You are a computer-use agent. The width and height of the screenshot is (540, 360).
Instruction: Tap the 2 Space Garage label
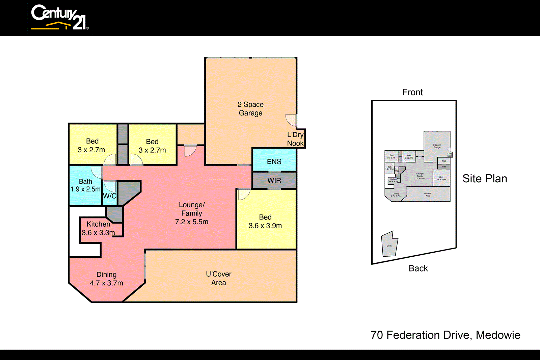pos(250,109)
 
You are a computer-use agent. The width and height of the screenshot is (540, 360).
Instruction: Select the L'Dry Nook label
pos(295,139)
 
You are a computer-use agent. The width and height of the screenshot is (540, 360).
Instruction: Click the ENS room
pos(274,162)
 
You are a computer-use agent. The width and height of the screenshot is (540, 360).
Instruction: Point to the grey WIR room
pos(274,181)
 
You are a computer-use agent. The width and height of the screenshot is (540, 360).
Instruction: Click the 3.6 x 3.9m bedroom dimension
pos(265,226)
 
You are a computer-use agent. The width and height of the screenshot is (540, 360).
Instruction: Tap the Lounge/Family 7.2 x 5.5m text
pos(191,213)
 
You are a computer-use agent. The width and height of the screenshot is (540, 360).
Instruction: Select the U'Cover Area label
pos(219,278)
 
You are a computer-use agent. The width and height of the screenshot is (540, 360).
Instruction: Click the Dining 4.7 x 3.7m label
pos(106,279)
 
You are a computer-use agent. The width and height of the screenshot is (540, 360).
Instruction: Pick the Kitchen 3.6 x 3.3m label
pos(98,229)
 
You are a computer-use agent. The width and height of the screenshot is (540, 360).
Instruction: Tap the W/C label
pos(109,196)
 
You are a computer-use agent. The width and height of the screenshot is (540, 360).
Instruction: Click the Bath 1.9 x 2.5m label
pos(85,185)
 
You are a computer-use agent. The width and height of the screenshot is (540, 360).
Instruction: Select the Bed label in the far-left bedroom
pos(92,141)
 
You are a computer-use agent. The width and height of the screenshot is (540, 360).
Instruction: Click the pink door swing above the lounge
pos(190,151)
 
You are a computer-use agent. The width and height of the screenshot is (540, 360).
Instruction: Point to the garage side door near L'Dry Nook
pos(291,120)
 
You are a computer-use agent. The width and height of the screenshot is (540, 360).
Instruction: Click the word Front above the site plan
pos(412,92)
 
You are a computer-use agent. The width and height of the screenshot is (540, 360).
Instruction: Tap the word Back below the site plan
pos(418,268)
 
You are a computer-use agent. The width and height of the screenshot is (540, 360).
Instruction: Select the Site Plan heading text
pos(485,179)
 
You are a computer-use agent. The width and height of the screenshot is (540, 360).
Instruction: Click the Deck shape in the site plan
pos(389,245)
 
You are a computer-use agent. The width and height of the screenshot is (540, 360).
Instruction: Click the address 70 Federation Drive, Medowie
pos(445,335)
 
